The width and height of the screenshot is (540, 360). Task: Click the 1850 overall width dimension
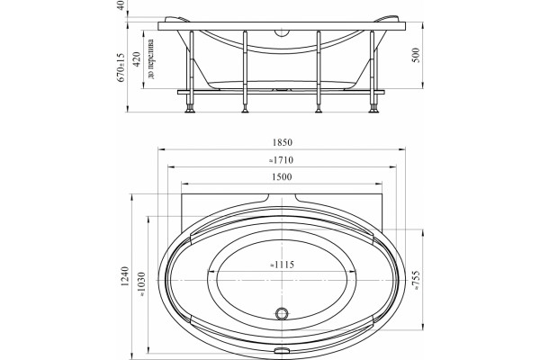tap(282, 142)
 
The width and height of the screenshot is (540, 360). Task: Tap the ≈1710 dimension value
tap(281, 160)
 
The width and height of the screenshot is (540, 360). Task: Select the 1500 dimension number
tap(282, 177)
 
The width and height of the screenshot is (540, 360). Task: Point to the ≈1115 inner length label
tap(282, 265)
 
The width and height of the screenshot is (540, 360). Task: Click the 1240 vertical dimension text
tap(125, 276)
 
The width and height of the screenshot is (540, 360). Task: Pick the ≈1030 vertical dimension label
tap(141, 285)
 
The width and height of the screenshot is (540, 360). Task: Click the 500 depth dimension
tap(416, 55)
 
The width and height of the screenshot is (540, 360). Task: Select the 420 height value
tap(137, 59)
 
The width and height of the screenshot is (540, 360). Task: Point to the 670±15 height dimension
tap(121, 67)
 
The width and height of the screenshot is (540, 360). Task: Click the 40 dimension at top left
tap(121, 5)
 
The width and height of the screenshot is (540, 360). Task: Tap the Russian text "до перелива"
tap(150, 58)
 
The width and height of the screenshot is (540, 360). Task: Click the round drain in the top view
tap(282, 313)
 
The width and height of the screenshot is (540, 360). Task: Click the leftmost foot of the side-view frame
tap(190, 110)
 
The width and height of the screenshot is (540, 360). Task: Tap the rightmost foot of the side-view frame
tap(373, 110)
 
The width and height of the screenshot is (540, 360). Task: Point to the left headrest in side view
tap(177, 19)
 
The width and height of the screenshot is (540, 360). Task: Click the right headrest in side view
tap(387, 19)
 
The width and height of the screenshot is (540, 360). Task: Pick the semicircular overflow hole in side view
tap(282, 33)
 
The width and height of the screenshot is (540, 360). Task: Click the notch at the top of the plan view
tap(282, 199)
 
